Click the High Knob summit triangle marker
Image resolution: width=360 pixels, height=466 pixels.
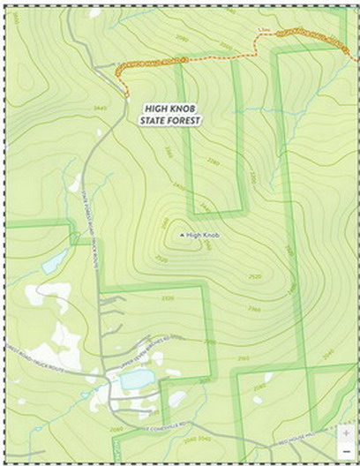[182, 236]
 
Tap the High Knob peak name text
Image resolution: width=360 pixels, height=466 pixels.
[202, 236]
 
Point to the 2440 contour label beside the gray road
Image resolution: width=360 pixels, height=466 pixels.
[100, 109]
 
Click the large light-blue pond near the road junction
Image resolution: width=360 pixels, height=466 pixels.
[138, 380]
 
